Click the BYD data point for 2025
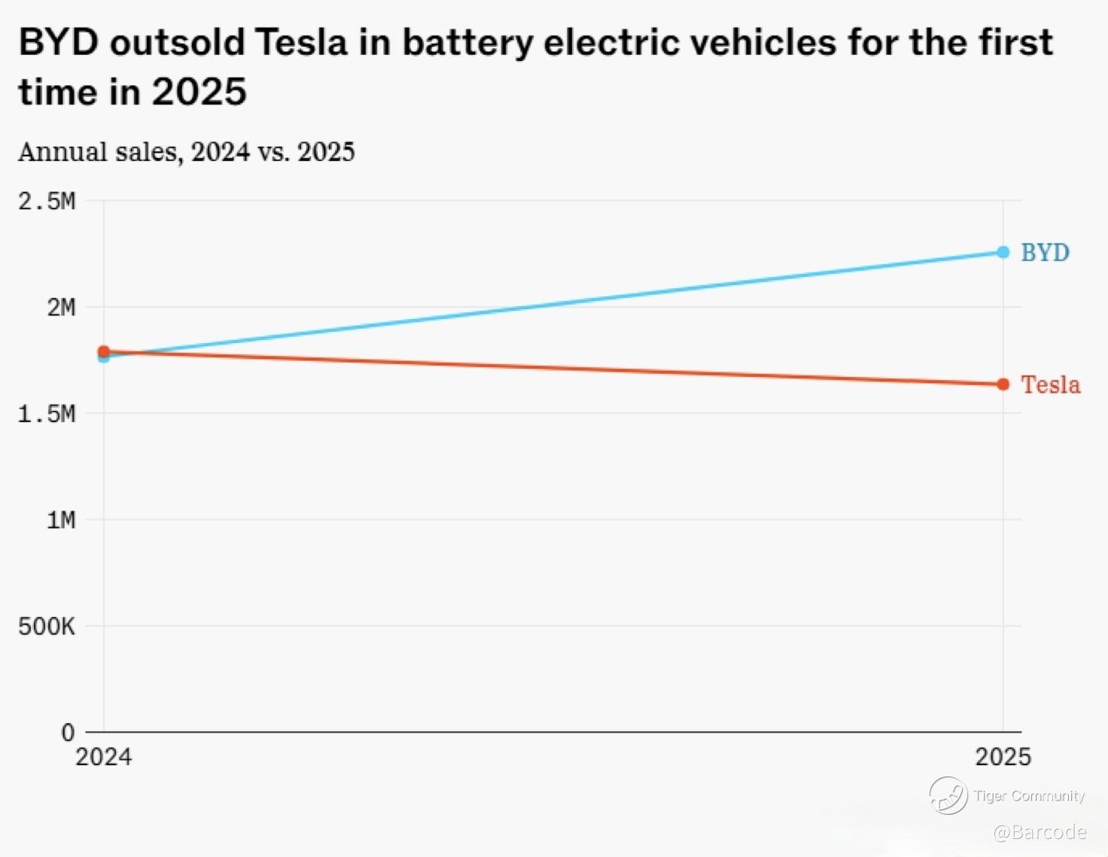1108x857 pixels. click(1003, 252)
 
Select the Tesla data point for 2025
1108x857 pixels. click(1003, 384)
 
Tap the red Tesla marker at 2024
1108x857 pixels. click(104, 351)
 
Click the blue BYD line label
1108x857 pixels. click(1045, 253)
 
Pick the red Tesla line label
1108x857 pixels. click(1050, 385)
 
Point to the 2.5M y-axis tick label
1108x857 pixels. click(47, 202)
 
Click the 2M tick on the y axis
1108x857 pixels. click(61, 308)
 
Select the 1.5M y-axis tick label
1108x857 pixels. click(47, 414)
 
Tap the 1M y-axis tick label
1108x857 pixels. click(61, 520)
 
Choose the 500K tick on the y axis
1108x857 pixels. click(47, 626)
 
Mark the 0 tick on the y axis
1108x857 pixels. click(68, 732)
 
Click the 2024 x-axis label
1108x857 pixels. click(104, 757)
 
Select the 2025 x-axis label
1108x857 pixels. click(1003, 757)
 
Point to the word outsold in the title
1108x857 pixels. click(178, 42)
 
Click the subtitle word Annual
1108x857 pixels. click(62, 152)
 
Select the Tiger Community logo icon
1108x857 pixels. click(948, 795)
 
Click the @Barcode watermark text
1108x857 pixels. click(1040, 832)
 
